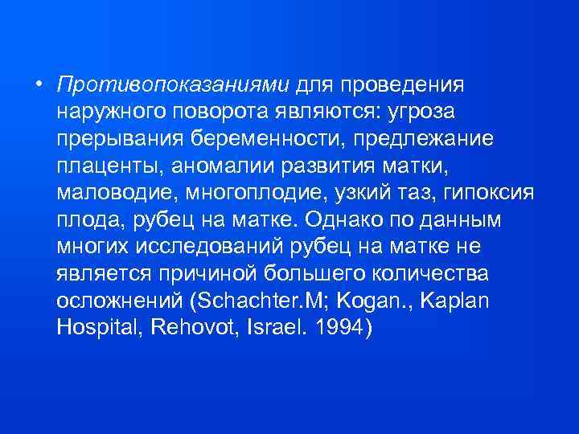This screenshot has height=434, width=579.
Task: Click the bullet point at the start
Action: click(x=39, y=85)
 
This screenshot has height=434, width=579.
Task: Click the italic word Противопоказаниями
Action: click(x=175, y=84)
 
